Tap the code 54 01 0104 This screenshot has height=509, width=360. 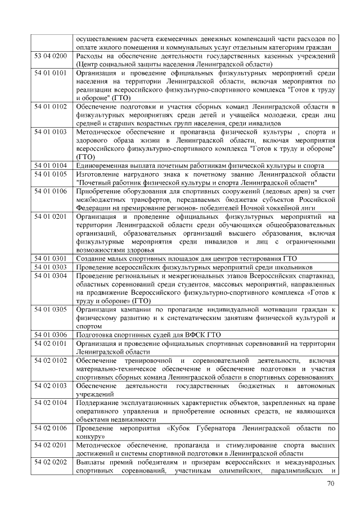51,165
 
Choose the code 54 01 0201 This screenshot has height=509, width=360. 51,216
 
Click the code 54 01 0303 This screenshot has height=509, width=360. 51,267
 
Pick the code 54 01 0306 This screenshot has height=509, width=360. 51,334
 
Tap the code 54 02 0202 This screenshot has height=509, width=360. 51,461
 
